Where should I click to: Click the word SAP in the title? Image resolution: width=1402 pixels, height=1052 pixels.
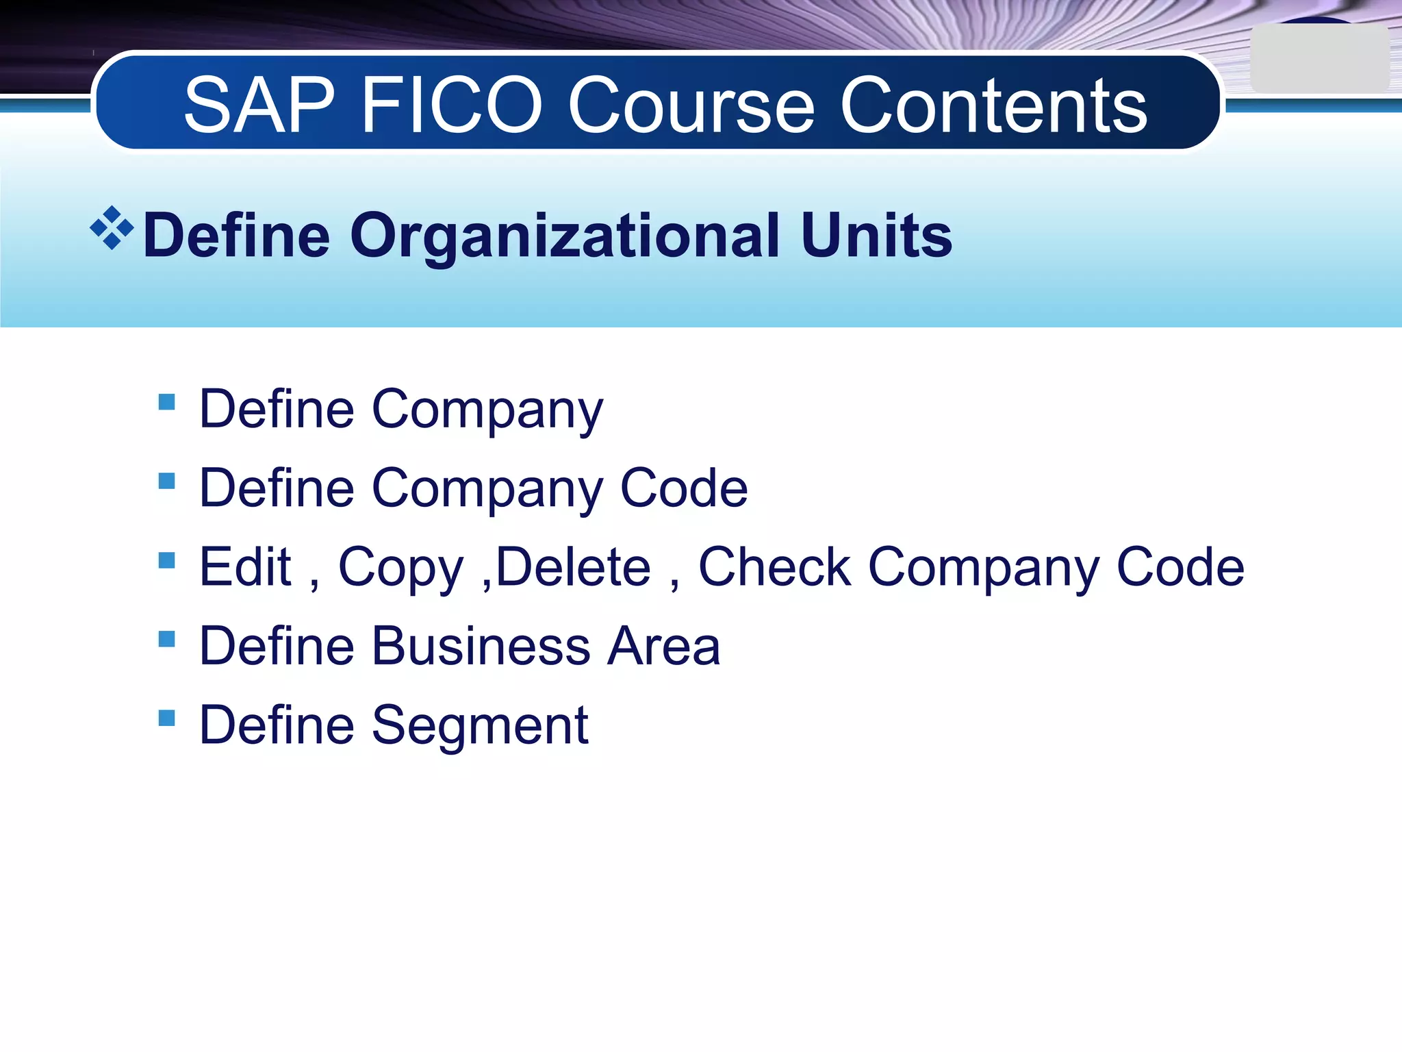click(259, 106)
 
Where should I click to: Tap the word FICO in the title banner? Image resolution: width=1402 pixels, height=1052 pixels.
click(452, 106)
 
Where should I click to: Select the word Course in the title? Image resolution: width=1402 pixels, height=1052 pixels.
click(691, 106)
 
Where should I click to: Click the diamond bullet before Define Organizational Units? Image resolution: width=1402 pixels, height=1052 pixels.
click(112, 228)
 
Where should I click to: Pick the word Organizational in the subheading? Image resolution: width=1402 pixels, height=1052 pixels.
click(565, 236)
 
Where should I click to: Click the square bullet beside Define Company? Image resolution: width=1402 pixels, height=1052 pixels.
click(166, 401)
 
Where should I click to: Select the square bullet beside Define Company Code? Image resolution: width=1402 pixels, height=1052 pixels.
click(166, 481)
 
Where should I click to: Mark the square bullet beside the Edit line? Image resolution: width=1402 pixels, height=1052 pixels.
click(166, 560)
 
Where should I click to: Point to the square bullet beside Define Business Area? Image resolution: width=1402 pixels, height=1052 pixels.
click(166, 639)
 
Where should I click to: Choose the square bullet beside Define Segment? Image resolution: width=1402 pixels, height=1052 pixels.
click(166, 718)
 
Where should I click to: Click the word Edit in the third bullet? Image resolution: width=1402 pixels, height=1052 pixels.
click(245, 567)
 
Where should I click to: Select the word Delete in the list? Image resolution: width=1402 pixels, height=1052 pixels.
click(573, 567)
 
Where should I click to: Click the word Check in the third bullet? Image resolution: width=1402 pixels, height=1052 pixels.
click(774, 567)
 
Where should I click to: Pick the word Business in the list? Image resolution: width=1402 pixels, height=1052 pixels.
click(481, 646)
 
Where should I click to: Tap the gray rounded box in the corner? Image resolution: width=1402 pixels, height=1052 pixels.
click(1319, 59)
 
